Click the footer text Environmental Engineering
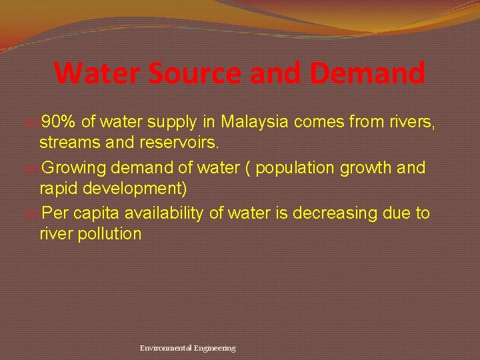click(x=187, y=348)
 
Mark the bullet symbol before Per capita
click(x=35, y=214)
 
